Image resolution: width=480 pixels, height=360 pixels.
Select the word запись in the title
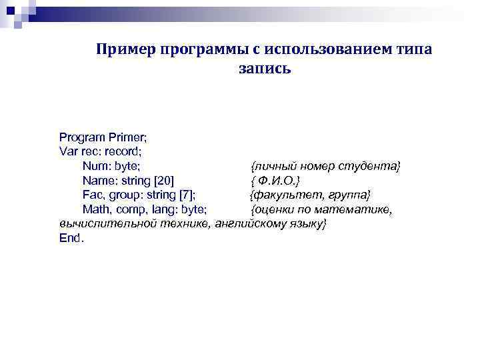pos(263,68)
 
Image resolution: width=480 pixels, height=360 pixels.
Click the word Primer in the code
pos(127,137)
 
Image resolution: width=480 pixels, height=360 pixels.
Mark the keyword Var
pos(69,152)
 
